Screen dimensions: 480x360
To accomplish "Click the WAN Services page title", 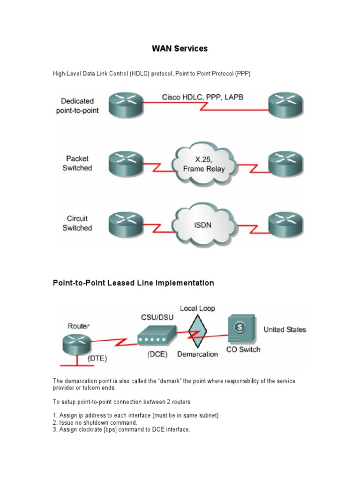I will (x=180, y=48).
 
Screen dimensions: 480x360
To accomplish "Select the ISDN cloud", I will (x=202, y=225).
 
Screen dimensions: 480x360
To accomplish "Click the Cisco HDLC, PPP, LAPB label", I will (x=202, y=97).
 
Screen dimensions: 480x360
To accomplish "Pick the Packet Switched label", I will (x=77, y=164).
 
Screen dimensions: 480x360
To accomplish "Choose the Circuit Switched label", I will (x=77, y=223).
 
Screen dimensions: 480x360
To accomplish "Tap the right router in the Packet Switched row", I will (x=285, y=164).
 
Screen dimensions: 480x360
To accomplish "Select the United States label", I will (x=285, y=330).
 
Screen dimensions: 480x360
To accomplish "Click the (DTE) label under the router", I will (x=97, y=359).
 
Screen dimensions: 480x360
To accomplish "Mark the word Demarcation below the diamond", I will (x=197, y=354).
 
